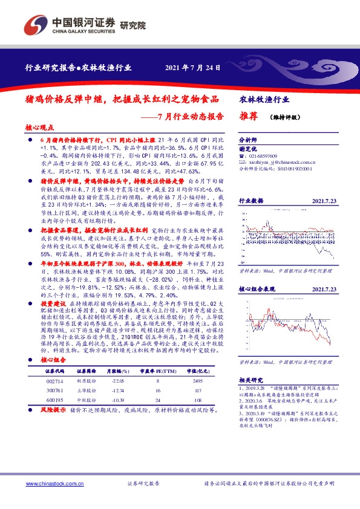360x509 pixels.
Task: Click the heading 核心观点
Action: point(41,128)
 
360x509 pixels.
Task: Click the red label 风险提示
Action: point(53,410)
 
